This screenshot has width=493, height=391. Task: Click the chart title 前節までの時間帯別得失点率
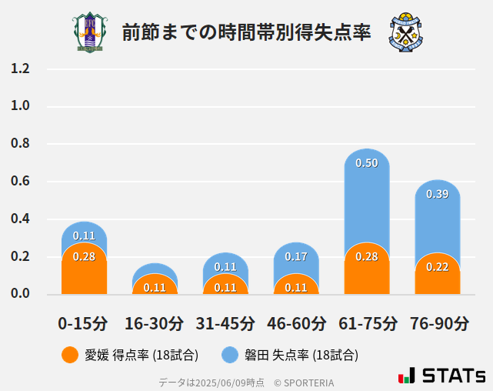(246, 32)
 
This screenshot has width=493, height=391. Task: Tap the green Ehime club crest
(90, 32)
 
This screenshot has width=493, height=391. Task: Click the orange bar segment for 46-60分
(296, 286)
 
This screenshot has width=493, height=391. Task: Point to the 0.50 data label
(367, 163)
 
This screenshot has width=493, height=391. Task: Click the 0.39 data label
(438, 194)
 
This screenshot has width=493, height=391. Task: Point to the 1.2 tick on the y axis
(20, 69)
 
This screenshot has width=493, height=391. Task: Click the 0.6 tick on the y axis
(20, 182)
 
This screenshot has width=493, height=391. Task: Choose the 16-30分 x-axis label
(155, 323)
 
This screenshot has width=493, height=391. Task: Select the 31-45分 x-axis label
(225, 323)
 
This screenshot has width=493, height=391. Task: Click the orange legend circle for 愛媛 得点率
(70, 355)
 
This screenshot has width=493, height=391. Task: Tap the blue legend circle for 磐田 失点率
(230, 355)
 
